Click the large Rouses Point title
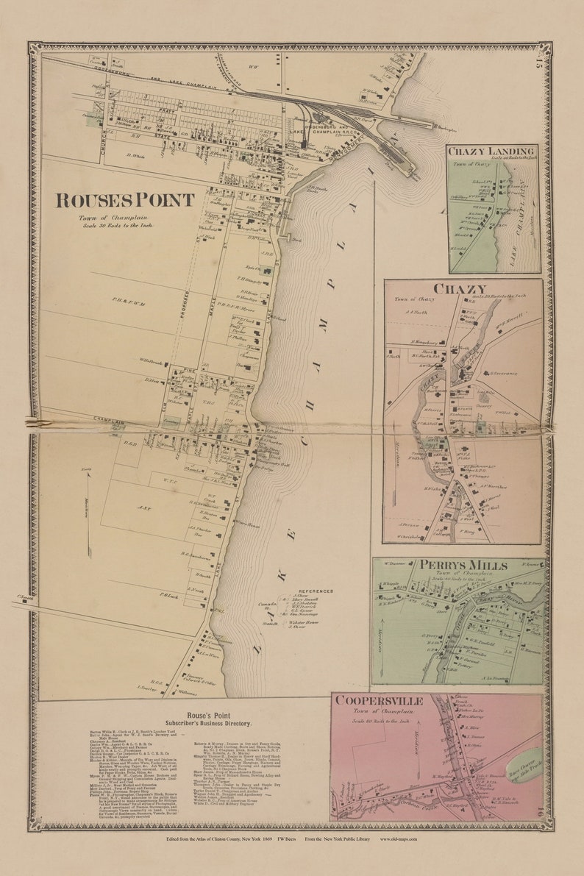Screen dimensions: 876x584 pos(126,200)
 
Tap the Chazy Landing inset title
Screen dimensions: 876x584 pos(493,151)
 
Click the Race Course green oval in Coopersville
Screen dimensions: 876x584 pos(525,766)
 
